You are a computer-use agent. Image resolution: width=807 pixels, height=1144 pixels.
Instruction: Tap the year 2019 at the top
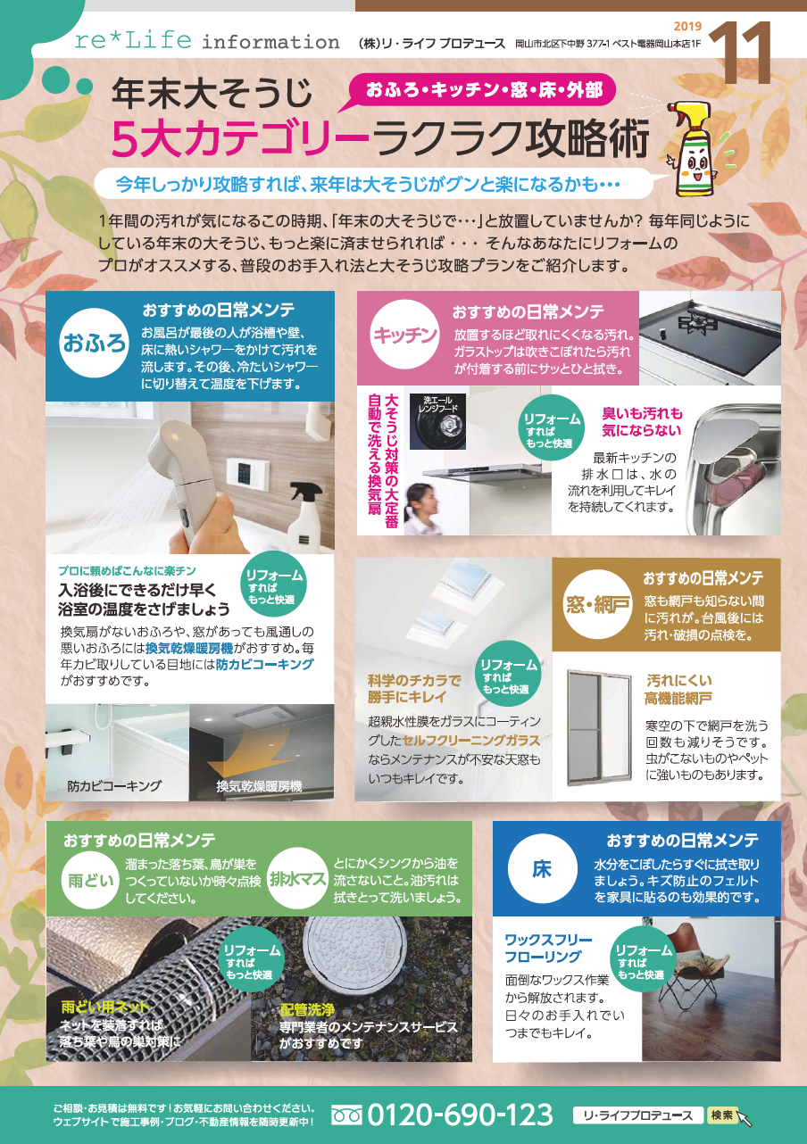(x=687, y=26)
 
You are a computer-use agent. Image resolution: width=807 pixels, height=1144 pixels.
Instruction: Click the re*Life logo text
(x=133, y=40)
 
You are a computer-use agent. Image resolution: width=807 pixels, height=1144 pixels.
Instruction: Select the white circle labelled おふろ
(x=94, y=343)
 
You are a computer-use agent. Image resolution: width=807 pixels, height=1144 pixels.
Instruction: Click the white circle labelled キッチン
(x=404, y=335)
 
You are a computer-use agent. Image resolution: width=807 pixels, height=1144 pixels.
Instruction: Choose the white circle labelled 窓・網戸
(x=596, y=604)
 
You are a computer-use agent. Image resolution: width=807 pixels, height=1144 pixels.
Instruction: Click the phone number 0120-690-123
(x=460, y=1115)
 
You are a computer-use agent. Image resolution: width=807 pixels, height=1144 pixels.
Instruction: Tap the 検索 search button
(x=722, y=1115)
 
